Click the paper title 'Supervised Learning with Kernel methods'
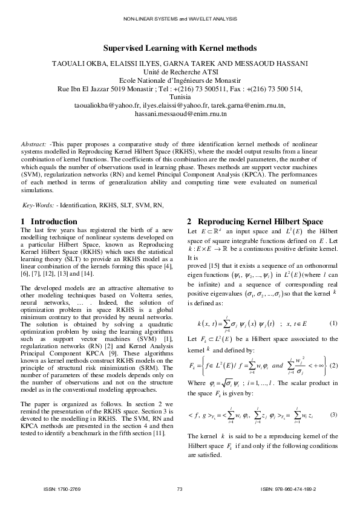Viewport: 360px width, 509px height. [180, 48]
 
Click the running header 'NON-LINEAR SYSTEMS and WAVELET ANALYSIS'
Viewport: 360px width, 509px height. [180, 20]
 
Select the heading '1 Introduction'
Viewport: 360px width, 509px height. [49, 221]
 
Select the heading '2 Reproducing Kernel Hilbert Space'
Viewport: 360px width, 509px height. [255, 221]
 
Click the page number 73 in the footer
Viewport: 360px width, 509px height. [180, 488]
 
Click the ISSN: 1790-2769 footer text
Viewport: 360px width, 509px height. [62, 488]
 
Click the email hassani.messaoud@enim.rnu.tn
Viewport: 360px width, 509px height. [180, 113]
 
